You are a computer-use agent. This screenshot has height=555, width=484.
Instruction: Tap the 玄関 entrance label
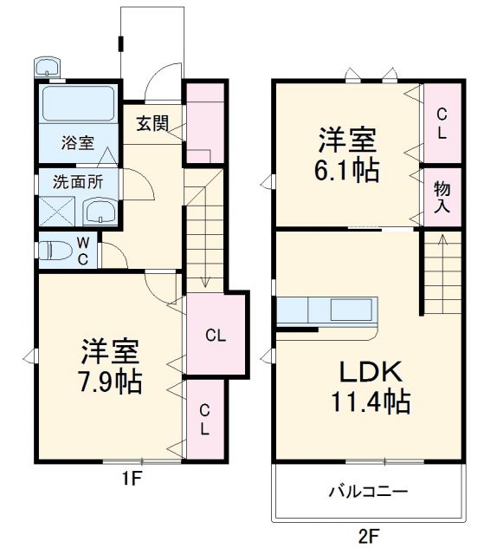pos(152,124)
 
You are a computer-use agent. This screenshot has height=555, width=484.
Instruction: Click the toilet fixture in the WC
pos(56,251)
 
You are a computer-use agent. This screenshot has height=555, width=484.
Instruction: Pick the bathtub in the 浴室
pos(78,106)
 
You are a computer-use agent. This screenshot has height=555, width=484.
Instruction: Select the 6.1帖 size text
pos(348,170)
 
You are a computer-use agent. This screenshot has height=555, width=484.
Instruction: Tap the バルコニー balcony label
pos(368,492)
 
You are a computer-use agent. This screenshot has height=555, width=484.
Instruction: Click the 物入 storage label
pos(442,196)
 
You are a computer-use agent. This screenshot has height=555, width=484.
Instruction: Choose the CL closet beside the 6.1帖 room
pos(442,123)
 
